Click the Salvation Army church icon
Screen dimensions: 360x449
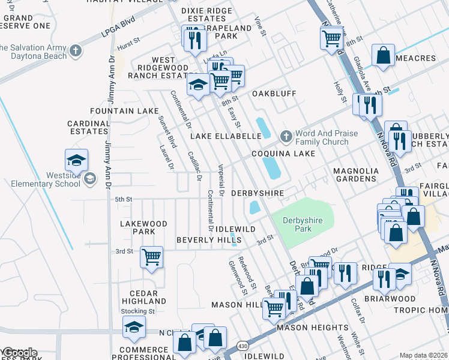coord(76,50)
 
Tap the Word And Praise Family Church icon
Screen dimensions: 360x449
coord(286,137)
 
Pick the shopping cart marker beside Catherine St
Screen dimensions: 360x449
coord(331,38)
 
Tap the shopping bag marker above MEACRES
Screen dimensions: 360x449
coord(383,55)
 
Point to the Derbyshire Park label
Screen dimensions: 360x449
coord(303,225)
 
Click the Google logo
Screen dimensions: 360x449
coord(19,353)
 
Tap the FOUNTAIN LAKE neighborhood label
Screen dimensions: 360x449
coord(124,111)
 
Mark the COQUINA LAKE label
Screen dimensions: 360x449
coord(283,154)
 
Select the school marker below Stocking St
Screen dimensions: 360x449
coord(134,326)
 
